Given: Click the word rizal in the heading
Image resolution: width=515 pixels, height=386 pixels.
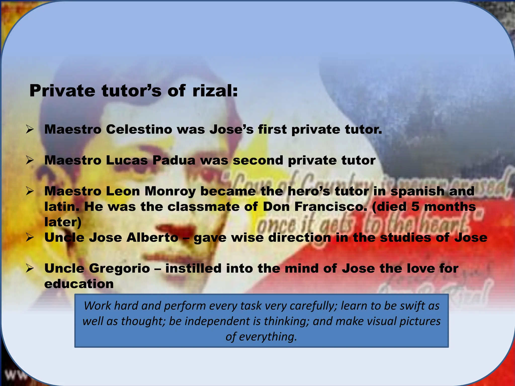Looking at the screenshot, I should click(x=215, y=91).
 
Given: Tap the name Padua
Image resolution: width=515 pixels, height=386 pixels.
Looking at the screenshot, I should click(x=174, y=161).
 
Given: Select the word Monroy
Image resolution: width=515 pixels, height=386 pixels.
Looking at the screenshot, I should click(x=170, y=191).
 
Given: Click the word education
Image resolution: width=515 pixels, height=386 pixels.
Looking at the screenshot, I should click(x=79, y=284).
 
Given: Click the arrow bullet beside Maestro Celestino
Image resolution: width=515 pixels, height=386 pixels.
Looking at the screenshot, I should click(x=30, y=130).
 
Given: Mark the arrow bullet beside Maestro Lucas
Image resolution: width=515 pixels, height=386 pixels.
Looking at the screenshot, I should click(x=30, y=161).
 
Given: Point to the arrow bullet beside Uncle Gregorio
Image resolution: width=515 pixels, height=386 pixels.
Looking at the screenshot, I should click(x=30, y=269).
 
